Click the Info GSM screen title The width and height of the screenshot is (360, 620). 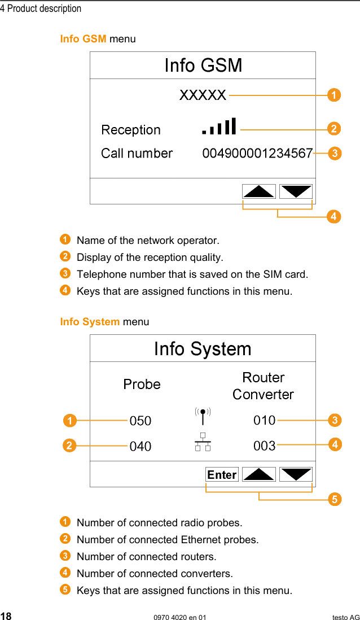203,66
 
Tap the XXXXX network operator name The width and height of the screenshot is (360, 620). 203,95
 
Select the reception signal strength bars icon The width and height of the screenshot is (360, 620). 219,126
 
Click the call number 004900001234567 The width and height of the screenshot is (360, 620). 257,153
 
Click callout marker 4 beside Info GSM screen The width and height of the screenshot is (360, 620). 334,216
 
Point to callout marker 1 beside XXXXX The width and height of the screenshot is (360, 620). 334,95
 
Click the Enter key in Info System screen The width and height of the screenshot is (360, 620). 222,475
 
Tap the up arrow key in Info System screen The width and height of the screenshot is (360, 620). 259,474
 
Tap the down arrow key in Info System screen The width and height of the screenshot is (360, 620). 296,474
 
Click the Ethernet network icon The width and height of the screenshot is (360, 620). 202,442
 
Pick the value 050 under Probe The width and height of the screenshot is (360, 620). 141,421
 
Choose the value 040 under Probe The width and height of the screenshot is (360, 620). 141,447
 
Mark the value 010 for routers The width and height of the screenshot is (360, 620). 264,420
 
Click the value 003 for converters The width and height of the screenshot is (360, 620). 264,446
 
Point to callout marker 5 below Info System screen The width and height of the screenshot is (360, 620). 334,499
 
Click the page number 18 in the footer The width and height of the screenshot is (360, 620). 6,616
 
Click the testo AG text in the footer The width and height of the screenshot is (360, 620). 345,617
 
